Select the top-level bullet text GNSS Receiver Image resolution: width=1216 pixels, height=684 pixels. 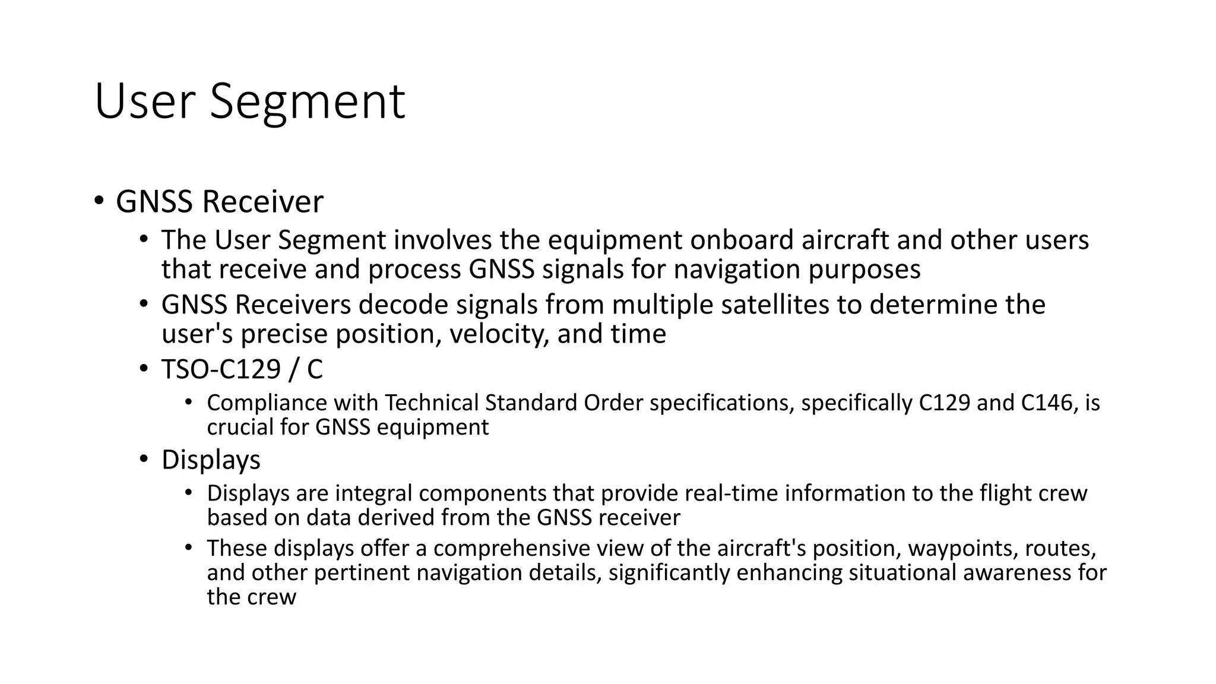[219, 201]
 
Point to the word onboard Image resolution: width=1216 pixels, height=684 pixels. [742, 240]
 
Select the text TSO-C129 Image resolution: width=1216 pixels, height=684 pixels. [221, 369]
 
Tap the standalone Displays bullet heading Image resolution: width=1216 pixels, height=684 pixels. [211, 460]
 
